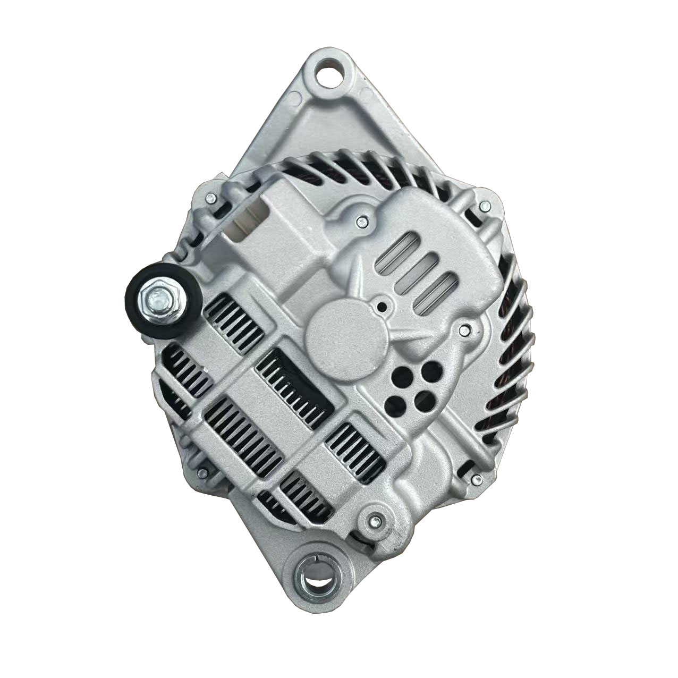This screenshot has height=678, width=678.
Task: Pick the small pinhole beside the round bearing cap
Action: [x=382, y=307]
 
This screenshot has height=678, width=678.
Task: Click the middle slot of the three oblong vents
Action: [x=420, y=270]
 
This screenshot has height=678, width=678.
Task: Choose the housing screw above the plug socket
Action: [x=210, y=199]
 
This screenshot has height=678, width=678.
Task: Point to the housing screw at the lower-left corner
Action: [x=202, y=472]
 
